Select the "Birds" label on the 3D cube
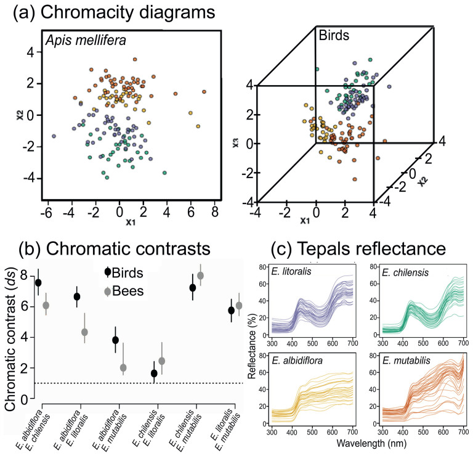click(x=333, y=36)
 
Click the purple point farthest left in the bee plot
click(x=54, y=136)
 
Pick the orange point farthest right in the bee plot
click(x=204, y=92)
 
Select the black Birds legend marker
click(x=108, y=271)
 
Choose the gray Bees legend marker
click(x=108, y=291)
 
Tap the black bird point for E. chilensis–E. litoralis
click(x=154, y=374)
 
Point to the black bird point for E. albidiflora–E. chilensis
click(x=38, y=283)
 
